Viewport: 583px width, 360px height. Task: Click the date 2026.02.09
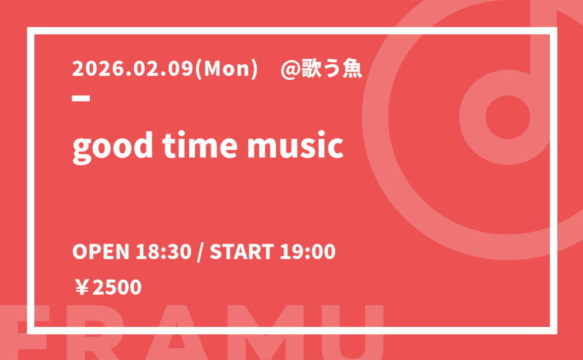click(133, 69)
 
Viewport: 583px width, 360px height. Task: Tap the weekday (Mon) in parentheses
click(226, 69)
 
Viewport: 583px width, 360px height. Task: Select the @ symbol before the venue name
click(290, 69)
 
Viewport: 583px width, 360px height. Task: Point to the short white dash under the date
click(81, 98)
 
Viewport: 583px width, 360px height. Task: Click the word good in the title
click(113, 146)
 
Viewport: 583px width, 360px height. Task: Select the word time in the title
click(199, 145)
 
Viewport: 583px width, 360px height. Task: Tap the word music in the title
click(295, 145)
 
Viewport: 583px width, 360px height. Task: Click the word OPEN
click(101, 252)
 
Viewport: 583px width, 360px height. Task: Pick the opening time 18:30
click(164, 252)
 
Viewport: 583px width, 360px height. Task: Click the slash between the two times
click(201, 253)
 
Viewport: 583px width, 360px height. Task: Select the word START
click(242, 252)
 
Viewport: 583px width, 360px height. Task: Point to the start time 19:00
click(307, 252)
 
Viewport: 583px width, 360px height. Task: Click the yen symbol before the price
click(82, 288)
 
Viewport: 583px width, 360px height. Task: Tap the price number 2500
click(117, 288)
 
